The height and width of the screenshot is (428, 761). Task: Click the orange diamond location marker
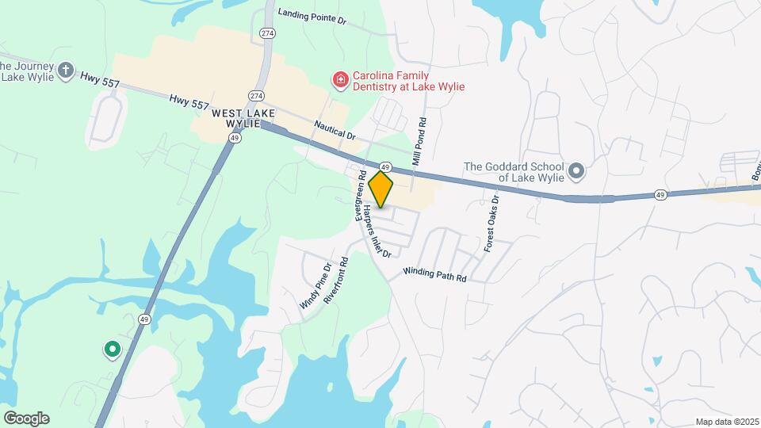pyautogui.click(x=381, y=189)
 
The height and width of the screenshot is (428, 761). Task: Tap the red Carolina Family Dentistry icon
pyautogui.click(x=340, y=79)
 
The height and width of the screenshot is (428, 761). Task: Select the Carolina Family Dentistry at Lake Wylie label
pyautogui.click(x=408, y=81)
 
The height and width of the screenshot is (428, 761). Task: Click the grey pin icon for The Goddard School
pyautogui.click(x=577, y=170)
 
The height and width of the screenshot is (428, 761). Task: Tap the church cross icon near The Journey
pyautogui.click(x=66, y=71)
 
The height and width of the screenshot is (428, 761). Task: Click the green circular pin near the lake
pyautogui.click(x=113, y=349)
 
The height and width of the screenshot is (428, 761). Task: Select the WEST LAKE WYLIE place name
pyautogui.click(x=243, y=120)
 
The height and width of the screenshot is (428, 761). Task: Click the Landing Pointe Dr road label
pyautogui.click(x=312, y=15)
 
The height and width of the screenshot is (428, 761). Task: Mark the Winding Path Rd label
pyautogui.click(x=434, y=274)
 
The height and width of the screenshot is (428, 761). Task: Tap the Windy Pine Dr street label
pyautogui.click(x=315, y=286)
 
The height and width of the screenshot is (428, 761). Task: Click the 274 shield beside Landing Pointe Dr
pyautogui.click(x=267, y=32)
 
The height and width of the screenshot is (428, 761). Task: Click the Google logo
pyautogui.click(x=26, y=418)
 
